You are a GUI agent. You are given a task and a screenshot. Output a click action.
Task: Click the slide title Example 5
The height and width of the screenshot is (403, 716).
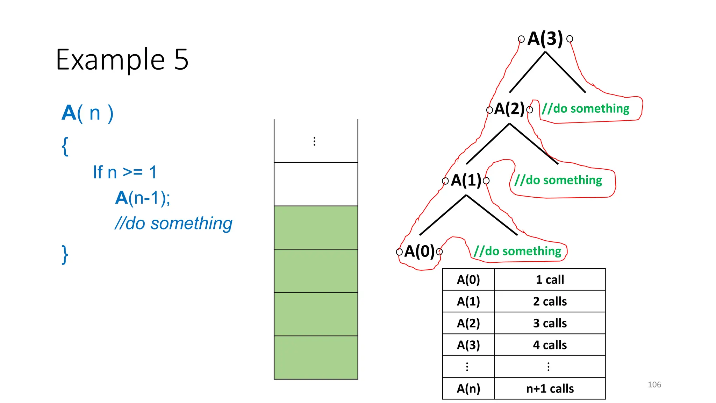(122, 59)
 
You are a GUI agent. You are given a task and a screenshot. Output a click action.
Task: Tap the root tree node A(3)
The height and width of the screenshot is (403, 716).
(545, 38)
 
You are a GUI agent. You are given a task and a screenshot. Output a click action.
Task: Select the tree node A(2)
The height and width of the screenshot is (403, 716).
(509, 109)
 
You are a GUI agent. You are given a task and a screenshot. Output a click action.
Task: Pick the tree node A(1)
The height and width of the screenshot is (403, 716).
(466, 180)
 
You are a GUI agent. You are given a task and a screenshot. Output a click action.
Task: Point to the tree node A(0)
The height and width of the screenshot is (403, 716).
(419, 251)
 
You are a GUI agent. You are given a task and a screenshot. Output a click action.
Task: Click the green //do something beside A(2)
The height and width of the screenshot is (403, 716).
(586, 109)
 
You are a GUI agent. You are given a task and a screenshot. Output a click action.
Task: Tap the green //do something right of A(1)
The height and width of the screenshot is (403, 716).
(558, 180)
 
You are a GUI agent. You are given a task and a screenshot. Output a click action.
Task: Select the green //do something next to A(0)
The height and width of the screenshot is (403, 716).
(517, 251)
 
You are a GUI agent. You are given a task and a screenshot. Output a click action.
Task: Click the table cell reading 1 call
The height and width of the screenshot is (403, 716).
(550, 280)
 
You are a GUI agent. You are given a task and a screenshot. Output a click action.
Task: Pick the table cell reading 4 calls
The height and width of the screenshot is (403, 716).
(550, 345)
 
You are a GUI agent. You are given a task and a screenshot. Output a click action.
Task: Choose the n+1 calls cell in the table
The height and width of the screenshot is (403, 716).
(550, 388)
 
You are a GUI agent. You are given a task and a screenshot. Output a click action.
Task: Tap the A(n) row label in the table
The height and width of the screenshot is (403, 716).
(468, 388)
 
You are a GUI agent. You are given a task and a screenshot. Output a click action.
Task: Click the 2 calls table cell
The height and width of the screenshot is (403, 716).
(550, 301)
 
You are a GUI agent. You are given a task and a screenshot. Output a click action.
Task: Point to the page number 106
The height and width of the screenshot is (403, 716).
(654, 384)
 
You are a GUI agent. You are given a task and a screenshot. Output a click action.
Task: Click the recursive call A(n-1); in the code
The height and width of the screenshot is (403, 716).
(143, 198)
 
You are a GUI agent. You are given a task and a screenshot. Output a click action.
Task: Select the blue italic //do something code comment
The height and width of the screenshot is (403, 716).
(173, 223)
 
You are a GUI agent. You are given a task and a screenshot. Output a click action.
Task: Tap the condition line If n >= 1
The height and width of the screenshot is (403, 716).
(125, 172)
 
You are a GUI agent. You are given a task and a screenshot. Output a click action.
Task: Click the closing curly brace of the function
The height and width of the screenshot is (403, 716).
(65, 254)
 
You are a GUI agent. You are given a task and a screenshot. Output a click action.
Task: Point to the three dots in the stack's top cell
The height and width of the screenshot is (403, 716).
(314, 141)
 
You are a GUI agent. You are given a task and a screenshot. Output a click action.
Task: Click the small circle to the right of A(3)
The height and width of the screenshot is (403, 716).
(570, 38)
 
